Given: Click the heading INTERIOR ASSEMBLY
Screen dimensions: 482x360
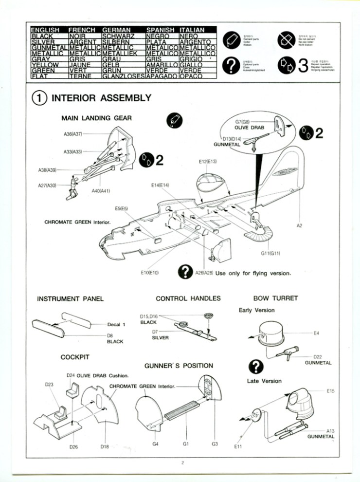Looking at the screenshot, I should pyautogui.click(x=101, y=98).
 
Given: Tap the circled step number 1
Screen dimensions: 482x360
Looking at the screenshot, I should pyautogui.click(x=38, y=98).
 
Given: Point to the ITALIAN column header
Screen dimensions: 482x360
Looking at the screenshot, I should pyautogui.click(x=192, y=30).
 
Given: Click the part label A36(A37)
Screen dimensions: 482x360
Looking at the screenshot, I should pyautogui.click(x=73, y=133).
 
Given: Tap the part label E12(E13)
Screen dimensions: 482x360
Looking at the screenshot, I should pyautogui.click(x=208, y=161).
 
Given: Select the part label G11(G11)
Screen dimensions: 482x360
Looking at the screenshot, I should pyautogui.click(x=270, y=253).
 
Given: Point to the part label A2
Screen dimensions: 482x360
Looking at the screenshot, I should pyautogui.click(x=300, y=225).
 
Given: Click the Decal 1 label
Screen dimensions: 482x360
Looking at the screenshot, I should pyautogui.click(x=117, y=324).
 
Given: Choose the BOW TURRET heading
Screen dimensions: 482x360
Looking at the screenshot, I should pyautogui.click(x=275, y=298).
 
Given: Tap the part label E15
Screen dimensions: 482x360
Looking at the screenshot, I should pyautogui.click(x=330, y=390).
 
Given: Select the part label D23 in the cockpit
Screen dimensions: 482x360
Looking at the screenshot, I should pyautogui.click(x=49, y=385).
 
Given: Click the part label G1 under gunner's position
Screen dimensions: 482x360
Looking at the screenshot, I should pyautogui.click(x=185, y=444).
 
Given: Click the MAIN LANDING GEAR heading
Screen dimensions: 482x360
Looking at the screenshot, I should pyautogui.click(x=96, y=118).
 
